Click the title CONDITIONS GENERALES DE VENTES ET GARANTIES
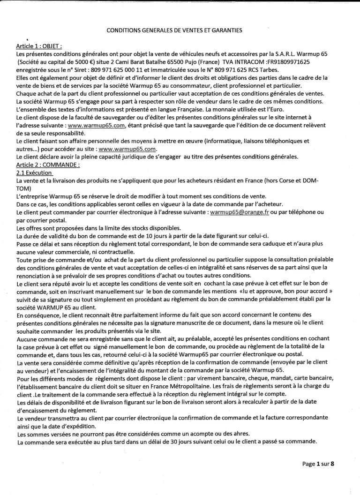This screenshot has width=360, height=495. click(174, 30)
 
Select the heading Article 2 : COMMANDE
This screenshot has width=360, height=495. click(48, 165)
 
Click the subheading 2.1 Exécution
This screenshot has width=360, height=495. click(35, 172)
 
